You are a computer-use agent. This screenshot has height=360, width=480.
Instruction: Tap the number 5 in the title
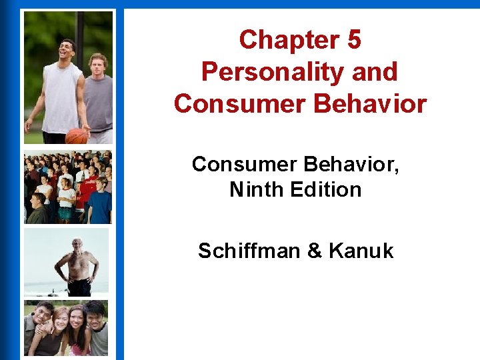[x=353, y=40]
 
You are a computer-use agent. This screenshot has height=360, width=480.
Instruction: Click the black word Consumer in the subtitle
[x=244, y=163]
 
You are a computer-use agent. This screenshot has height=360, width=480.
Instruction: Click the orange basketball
[x=77, y=135]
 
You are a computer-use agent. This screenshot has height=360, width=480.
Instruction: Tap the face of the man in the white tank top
[x=67, y=51]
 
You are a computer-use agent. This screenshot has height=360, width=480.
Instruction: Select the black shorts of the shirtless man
[x=79, y=287]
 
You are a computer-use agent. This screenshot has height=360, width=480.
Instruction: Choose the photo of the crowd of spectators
[x=68, y=187]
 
